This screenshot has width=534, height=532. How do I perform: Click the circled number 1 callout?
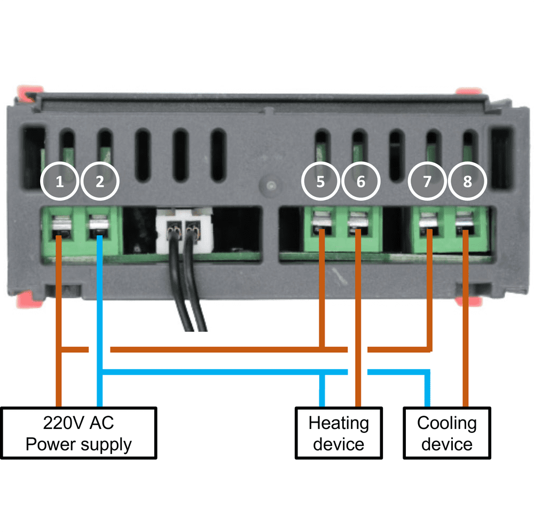tap(60, 181)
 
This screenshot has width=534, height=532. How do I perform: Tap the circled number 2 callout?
tap(100, 181)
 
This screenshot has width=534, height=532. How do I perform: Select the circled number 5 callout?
tap(320, 181)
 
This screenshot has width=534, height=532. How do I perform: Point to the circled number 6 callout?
tap(360, 181)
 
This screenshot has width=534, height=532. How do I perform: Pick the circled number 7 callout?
tap(427, 181)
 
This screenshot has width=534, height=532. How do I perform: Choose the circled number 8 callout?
tap(467, 181)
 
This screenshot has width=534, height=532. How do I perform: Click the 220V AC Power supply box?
tap(78, 433)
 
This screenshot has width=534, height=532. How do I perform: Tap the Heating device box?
tap(339, 433)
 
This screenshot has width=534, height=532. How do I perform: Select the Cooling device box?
tap(446, 433)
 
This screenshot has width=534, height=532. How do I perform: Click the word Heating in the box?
tap(339, 424)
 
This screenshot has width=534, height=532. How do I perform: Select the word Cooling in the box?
tap(446, 424)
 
